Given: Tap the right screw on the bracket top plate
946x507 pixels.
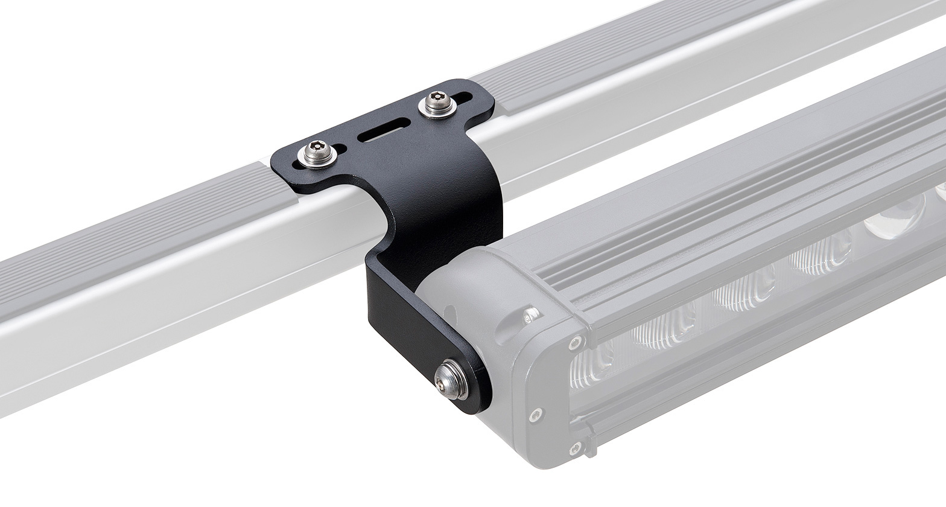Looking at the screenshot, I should [435, 104].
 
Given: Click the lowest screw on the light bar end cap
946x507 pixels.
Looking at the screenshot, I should [575, 447].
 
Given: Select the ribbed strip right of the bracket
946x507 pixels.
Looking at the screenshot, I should [603, 54].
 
